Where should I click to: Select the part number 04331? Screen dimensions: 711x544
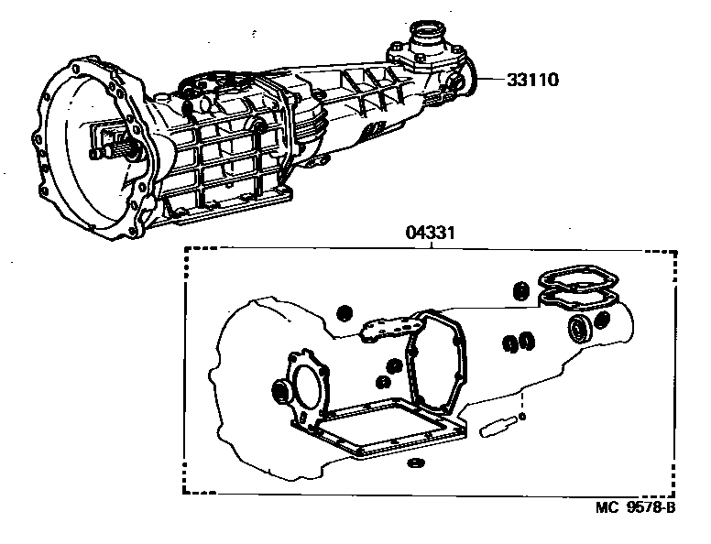430,234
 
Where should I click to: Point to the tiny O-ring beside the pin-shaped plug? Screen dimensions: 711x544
521,417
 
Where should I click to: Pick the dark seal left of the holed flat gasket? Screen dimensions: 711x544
345,313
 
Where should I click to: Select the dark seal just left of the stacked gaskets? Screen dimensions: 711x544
519,292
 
